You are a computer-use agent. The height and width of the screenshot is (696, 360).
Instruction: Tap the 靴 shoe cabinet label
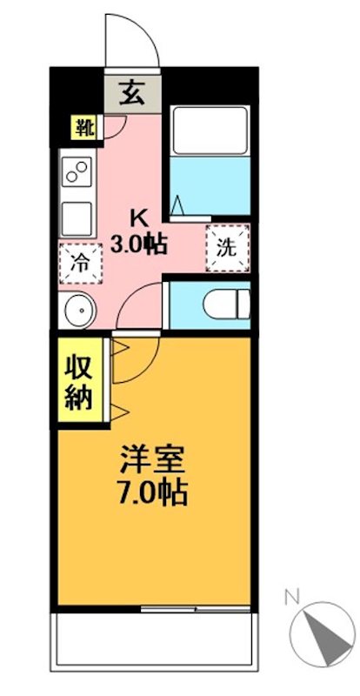tap(83, 128)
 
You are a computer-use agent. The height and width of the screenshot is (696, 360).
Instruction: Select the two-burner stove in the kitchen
tap(77, 174)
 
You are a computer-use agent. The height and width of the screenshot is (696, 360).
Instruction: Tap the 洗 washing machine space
tap(226, 246)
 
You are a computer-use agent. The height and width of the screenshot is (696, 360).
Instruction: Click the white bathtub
tap(209, 131)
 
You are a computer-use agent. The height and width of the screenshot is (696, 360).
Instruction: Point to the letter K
tap(140, 217)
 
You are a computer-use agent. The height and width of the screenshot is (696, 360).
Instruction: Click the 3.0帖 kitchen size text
tap(139, 244)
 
